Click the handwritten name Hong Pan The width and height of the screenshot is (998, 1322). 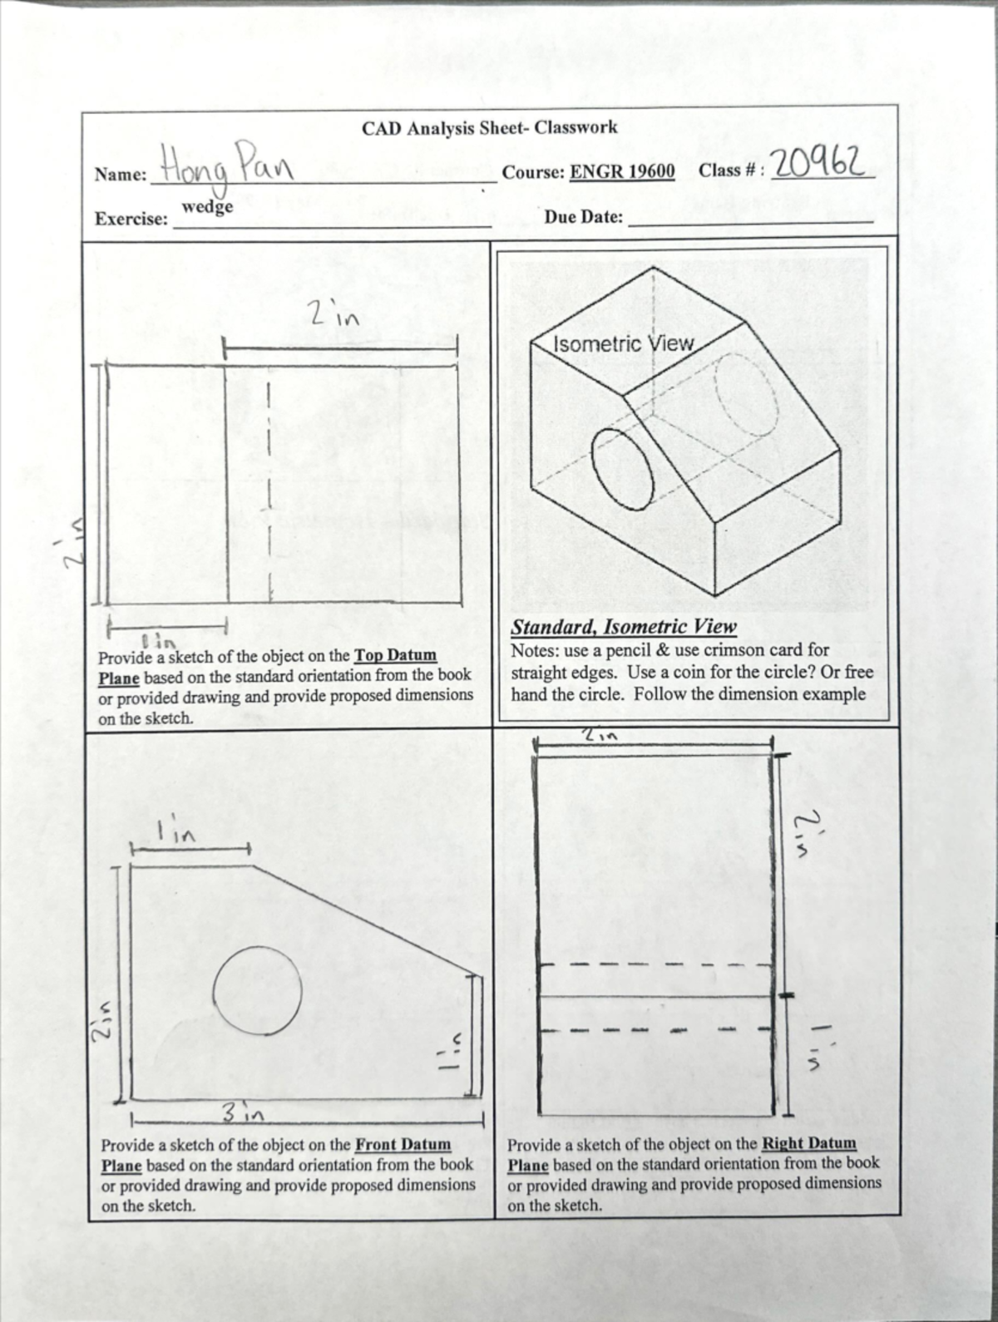(x=226, y=165)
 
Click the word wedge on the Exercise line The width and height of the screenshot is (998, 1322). (x=207, y=205)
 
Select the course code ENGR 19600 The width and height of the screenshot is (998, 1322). (x=622, y=172)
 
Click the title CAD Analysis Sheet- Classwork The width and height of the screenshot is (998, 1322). (x=489, y=128)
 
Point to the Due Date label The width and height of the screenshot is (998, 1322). (x=583, y=217)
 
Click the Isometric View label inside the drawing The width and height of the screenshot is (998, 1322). (x=623, y=343)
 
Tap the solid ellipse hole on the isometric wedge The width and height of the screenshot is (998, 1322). (x=623, y=468)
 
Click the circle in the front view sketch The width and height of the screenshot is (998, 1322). (x=256, y=989)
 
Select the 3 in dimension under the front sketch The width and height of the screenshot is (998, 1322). (x=243, y=1112)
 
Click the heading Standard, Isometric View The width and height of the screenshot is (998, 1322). (x=624, y=627)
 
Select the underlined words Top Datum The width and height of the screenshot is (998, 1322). (x=395, y=655)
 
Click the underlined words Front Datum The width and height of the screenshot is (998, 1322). (x=403, y=1144)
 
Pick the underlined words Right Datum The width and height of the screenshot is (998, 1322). (x=808, y=1143)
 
